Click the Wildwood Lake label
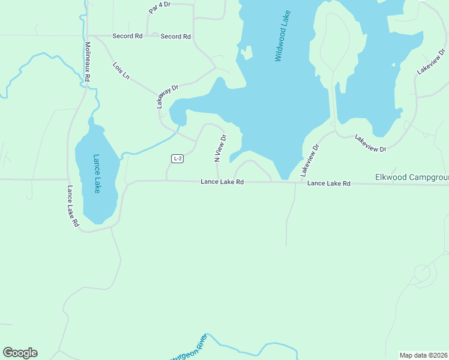click(282, 36)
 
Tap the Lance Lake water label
click(97, 173)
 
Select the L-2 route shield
click(176, 158)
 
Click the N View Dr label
click(220, 148)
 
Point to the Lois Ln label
click(121, 70)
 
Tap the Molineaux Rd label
click(88, 61)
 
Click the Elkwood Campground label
click(412, 178)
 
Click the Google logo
click(20, 353)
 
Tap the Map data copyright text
click(424, 355)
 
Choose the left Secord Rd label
click(127, 36)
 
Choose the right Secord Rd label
click(175, 37)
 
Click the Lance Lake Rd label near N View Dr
click(222, 182)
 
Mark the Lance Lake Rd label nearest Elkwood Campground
click(328, 183)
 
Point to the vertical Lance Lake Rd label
click(73, 206)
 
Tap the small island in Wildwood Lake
click(245, 53)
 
